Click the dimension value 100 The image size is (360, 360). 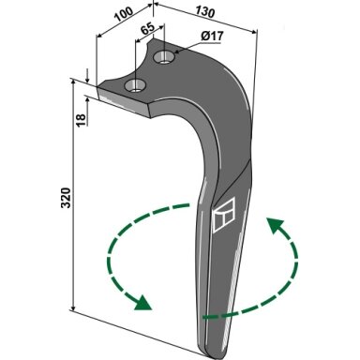point(124,14)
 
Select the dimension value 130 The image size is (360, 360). point(205,12)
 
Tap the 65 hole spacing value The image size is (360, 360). point(147,28)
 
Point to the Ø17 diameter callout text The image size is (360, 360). point(212,37)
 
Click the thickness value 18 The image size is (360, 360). point(81,120)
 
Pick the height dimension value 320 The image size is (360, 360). point(66,198)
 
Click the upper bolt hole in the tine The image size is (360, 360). point(164,57)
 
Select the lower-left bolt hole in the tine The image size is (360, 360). point(135,85)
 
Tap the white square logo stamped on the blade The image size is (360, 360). point(224,216)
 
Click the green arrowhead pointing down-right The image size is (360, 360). point(142,303)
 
